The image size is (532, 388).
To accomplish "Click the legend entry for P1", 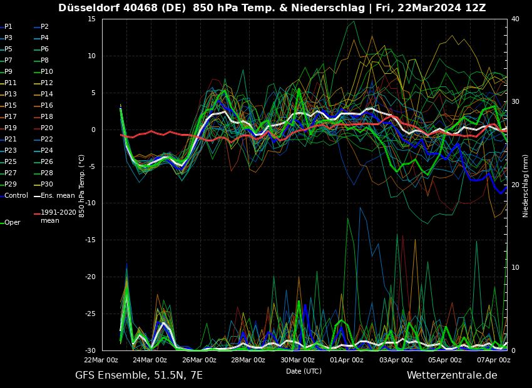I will [8, 27].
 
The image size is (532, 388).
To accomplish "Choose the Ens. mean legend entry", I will [57, 196].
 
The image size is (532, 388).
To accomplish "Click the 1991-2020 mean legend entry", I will [58, 217].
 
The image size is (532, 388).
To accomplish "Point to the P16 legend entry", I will [47, 106].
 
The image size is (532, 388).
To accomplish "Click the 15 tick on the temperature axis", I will [91, 19].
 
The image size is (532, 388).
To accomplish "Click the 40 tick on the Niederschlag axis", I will [515, 19].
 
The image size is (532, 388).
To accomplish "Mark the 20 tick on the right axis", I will [515, 185].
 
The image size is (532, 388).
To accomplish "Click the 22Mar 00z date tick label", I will [101, 360].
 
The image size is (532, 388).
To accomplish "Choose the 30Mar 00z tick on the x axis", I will [297, 360].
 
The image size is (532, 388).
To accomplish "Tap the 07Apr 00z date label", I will [494, 360].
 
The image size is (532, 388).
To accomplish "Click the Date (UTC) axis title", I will [304, 372].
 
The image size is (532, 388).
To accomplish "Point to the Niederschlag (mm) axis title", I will [526, 186].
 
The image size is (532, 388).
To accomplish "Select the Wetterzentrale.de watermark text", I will [452, 375].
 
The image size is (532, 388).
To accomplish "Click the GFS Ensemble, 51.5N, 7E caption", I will [139, 375].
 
